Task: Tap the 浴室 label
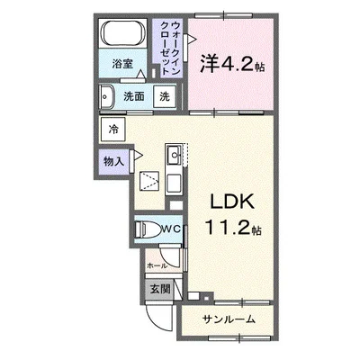tap(122, 66)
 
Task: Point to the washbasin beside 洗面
tap(107, 94)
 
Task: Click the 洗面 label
tap(134, 95)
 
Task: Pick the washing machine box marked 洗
tap(165, 95)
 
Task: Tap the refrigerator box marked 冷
tap(113, 130)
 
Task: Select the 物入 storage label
tap(112, 161)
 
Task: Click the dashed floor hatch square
tap(147, 184)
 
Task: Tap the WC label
tap(173, 229)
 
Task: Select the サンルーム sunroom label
tap(229, 319)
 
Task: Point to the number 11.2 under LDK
tap(226, 229)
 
